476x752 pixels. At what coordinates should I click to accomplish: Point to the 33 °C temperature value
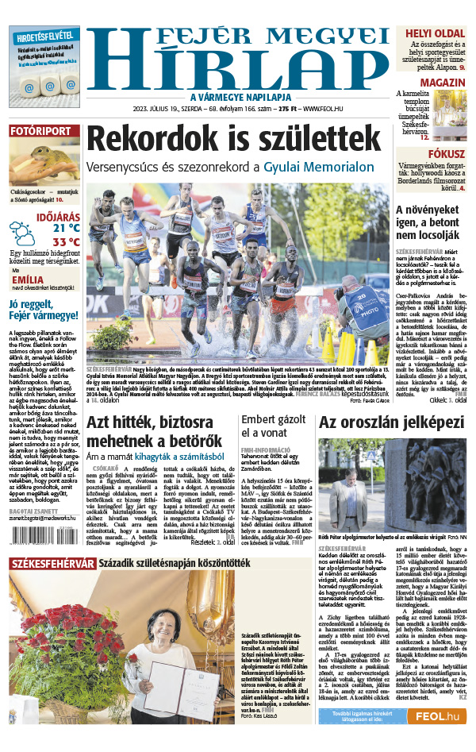tap(66, 241)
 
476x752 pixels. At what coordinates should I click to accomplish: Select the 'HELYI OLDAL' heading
tap(434, 33)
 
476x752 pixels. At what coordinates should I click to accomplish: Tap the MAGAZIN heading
tap(442, 83)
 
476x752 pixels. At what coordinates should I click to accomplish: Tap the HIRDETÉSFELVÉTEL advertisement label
tap(44, 36)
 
